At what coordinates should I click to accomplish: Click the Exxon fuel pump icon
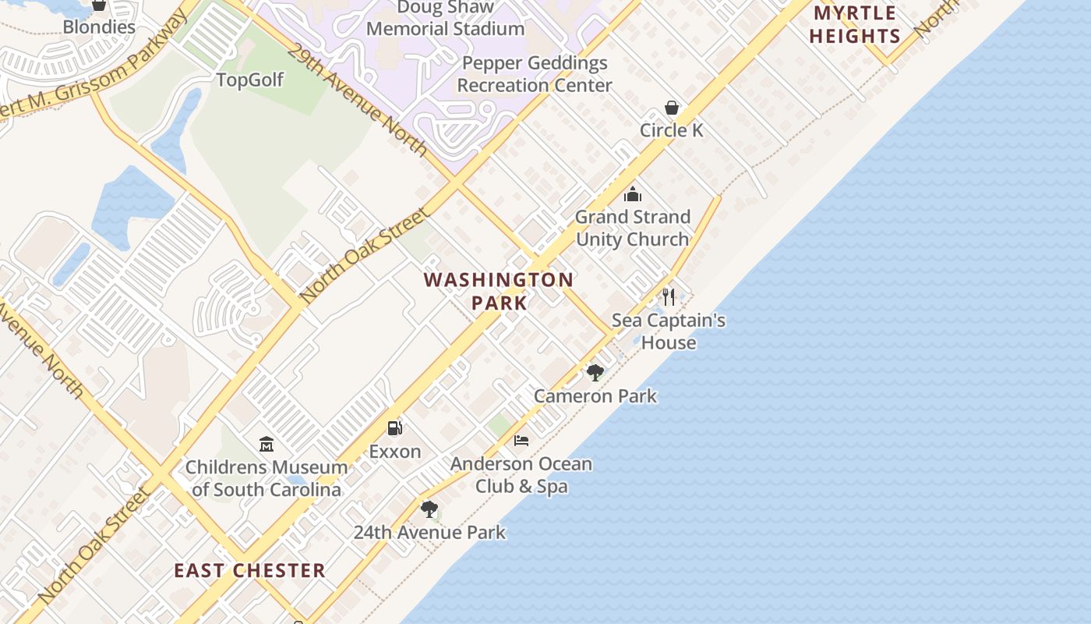coord(395,427)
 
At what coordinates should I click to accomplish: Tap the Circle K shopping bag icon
coord(671,108)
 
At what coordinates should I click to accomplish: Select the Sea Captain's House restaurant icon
coord(668,296)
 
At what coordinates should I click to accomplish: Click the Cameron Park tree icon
coord(595,372)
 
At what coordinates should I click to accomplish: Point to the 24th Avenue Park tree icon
coord(429,509)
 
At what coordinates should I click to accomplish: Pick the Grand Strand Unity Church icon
coord(633,194)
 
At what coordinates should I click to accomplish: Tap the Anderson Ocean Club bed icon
coord(521,441)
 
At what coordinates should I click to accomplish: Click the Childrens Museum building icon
coord(267,444)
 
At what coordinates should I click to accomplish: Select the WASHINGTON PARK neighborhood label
coord(499,291)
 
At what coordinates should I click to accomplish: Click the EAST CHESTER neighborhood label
coord(249,570)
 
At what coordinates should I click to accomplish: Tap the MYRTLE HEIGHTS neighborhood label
coord(855,24)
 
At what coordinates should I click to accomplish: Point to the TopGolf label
coord(249,80)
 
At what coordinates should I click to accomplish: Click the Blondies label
coord(99,27)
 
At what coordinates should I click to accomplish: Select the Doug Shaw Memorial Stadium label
coord(445,18)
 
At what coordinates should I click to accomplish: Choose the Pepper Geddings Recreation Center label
coord(535,74)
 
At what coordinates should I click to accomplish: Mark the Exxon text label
coord(395,452)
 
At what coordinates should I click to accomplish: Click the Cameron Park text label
coord(595,396)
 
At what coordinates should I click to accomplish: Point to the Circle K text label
coord(671,130)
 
